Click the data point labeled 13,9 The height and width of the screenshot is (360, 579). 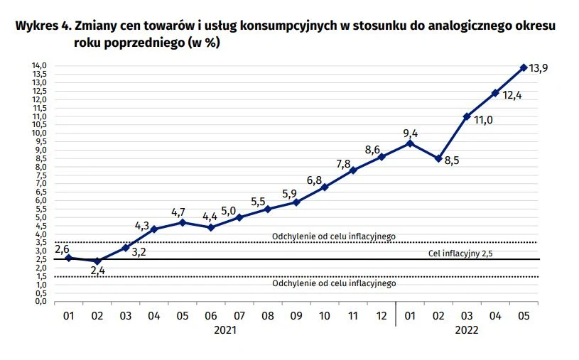point(524,67)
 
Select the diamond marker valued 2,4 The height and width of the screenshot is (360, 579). point(97,261)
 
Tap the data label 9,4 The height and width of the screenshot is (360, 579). point(410,133)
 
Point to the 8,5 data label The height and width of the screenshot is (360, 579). point(453,160)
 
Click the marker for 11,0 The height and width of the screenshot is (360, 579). point(467,116)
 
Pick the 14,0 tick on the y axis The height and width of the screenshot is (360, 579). point(39,66)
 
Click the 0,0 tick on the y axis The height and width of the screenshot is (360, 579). point(39,302)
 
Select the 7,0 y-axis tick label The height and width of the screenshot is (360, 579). point(39,184)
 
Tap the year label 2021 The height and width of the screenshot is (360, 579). point(225,330)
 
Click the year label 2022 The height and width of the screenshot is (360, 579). point(467,330)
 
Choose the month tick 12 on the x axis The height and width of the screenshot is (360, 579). point(382,315)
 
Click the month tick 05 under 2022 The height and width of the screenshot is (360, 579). point(524,315)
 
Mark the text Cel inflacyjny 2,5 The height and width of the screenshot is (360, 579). point(460,253)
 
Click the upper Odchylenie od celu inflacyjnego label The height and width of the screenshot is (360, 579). point(333,236)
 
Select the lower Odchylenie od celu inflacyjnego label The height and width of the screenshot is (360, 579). point(333,283)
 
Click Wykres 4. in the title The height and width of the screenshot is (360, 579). point(40,26)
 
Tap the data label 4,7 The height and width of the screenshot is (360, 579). point(183,212)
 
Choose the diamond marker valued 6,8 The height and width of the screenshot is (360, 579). point(325,187)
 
